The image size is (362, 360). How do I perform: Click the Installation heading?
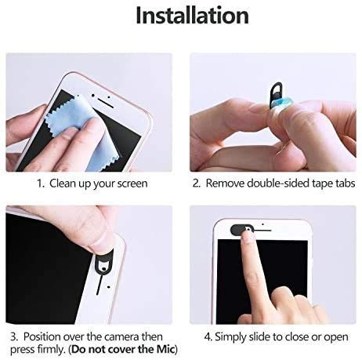tap(192, 16)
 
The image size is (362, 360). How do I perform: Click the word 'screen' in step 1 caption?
tap(132, 184)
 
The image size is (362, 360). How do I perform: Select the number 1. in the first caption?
tap(41, 184)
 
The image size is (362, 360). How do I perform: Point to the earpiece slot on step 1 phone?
tap(106, 103)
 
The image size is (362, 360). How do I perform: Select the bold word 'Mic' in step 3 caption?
tap(165, 350)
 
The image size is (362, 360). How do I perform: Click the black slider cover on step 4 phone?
tap(241, 230)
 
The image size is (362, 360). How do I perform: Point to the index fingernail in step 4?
tap(247, 235)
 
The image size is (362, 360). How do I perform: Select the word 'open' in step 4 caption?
tap(336, 337)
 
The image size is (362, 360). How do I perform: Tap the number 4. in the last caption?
tap(208, 337)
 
